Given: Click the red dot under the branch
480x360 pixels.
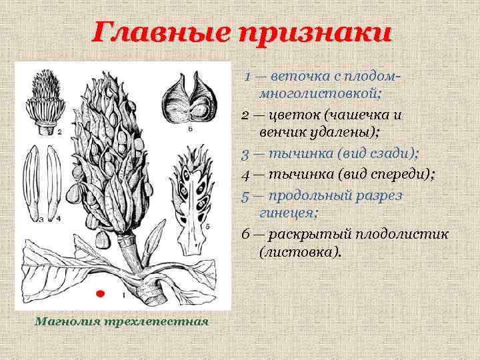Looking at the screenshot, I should (x=101, y=293).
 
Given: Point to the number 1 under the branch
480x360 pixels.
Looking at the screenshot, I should (x=124, y=294).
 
